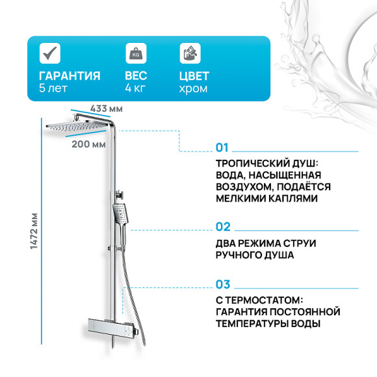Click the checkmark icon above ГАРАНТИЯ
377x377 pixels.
point(49,53)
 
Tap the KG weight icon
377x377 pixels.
point(135,53)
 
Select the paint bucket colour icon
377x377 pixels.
point(188,53)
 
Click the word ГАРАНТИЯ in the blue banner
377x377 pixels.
point(70,75)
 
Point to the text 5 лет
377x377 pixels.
point(53,88)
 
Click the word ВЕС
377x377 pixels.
point(136,75)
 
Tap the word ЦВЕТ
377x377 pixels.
point(194,75)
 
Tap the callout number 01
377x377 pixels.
point(222,147)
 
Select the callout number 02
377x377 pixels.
point(223,227)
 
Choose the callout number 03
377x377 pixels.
point(223,284)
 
